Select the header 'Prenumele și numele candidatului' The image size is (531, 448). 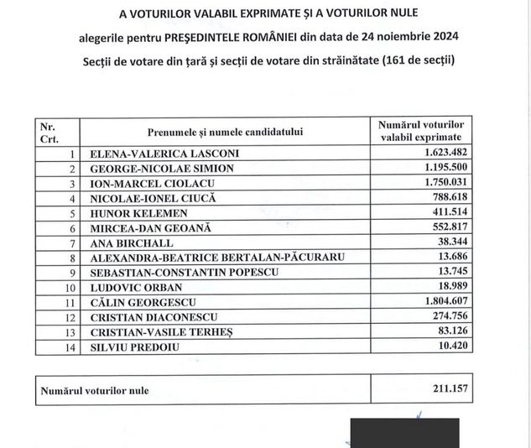[x=225, y=132]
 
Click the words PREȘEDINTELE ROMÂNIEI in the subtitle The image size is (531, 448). [x=298, y=38]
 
